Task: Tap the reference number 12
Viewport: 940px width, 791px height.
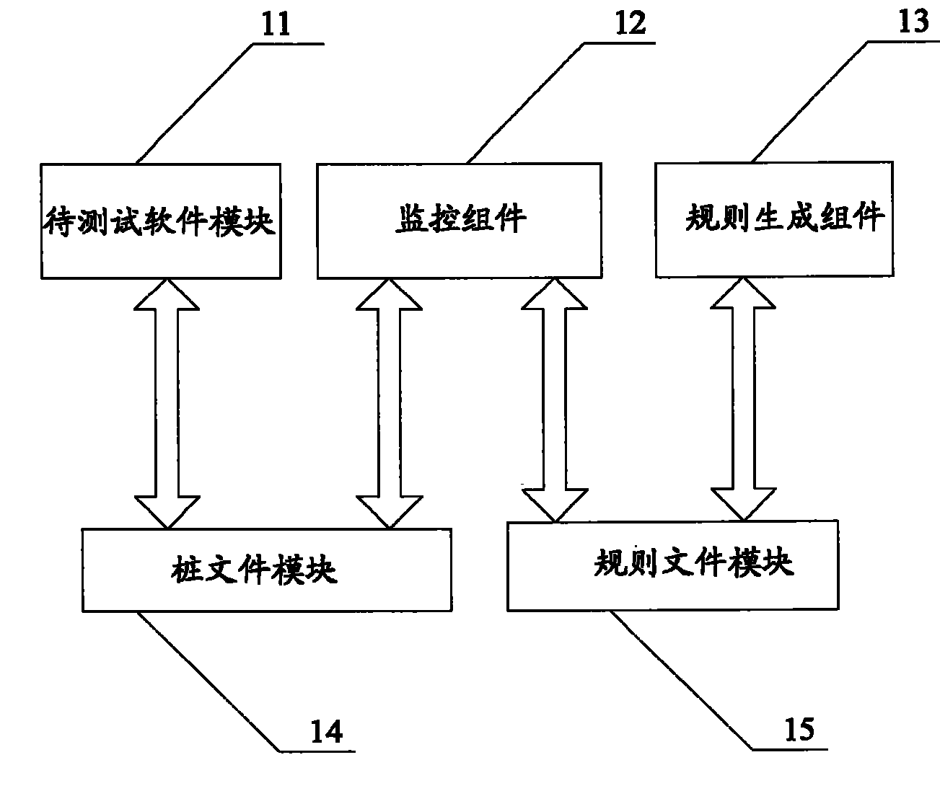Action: (x=631, y=24)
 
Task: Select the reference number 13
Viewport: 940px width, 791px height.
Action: (x=913, y=21)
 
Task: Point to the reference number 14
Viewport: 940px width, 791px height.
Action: (x=326, y=731)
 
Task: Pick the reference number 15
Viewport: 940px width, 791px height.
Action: (x=799, y=730)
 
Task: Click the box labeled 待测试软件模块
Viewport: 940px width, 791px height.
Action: (x=161, y=221)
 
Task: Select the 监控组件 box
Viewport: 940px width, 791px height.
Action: (x=460, y=221)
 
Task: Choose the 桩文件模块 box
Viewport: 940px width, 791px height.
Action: (x=267, y=570)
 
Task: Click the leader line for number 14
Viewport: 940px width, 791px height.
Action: (x=209, y=681)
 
